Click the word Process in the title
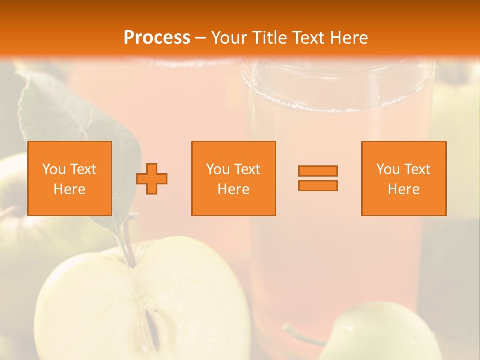[x=157, y=38]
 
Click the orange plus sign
[x=152, y=178]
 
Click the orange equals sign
[x=318, y=178]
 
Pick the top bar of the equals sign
[x=318, y=171]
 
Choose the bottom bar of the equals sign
[x=318, y=185]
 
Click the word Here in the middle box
[x=234, y=189]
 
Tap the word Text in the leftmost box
[x=83, y=169]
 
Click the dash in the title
[x=200, y=38]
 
